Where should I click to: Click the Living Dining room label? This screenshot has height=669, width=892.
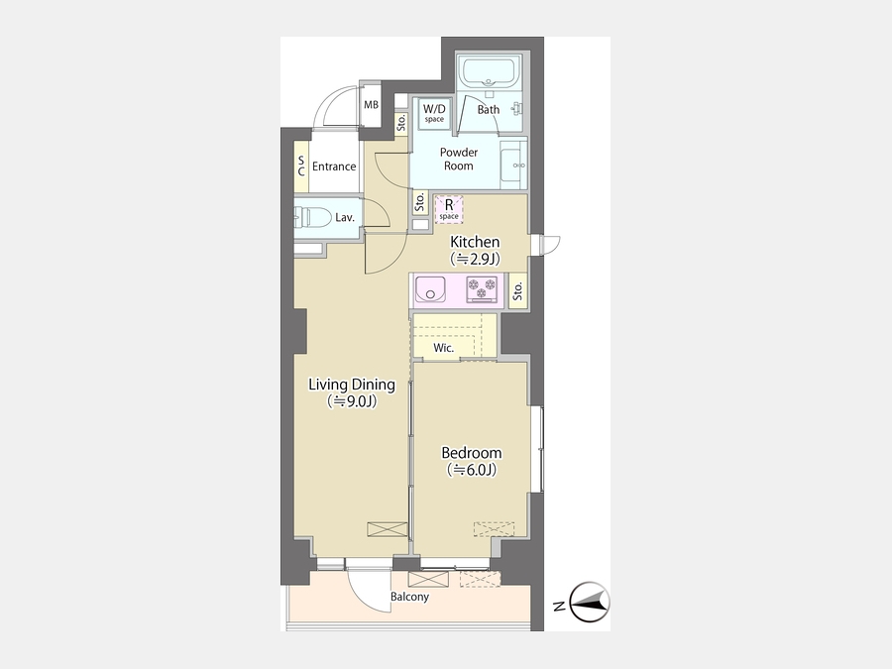352,385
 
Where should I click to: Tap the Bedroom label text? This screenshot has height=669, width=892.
472,453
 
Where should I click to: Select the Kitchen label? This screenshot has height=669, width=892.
475,241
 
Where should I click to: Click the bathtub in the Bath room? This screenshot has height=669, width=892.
490,71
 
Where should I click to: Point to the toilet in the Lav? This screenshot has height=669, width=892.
312,217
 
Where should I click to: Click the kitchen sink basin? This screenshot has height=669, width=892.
430,288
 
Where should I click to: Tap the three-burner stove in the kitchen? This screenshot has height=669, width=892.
482,288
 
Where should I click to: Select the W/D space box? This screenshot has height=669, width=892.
435,113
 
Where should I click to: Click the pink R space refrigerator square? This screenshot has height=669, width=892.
449,209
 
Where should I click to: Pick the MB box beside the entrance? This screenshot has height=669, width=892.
371,106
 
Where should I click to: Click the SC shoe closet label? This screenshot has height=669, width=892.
301,167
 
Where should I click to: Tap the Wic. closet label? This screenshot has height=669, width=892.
444,348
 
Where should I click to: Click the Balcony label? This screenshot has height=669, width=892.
409,597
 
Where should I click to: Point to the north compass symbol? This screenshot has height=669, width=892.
590,602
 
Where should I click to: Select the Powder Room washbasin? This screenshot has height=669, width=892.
513,165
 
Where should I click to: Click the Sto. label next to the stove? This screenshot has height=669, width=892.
517,291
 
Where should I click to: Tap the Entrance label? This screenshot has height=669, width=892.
334,167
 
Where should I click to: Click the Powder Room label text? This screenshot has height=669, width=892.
459,160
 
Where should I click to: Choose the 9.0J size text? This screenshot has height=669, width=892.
352,401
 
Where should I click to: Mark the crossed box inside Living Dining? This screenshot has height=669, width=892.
388,529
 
